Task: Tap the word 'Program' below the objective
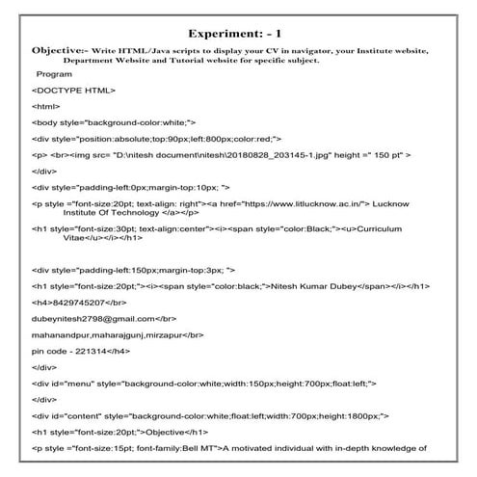pyautogui.click(x=52, y=74)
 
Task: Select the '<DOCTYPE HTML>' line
pyautogui.click(x=73, y=91)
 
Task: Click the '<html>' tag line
pyautogui.click(x=45, y=107)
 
